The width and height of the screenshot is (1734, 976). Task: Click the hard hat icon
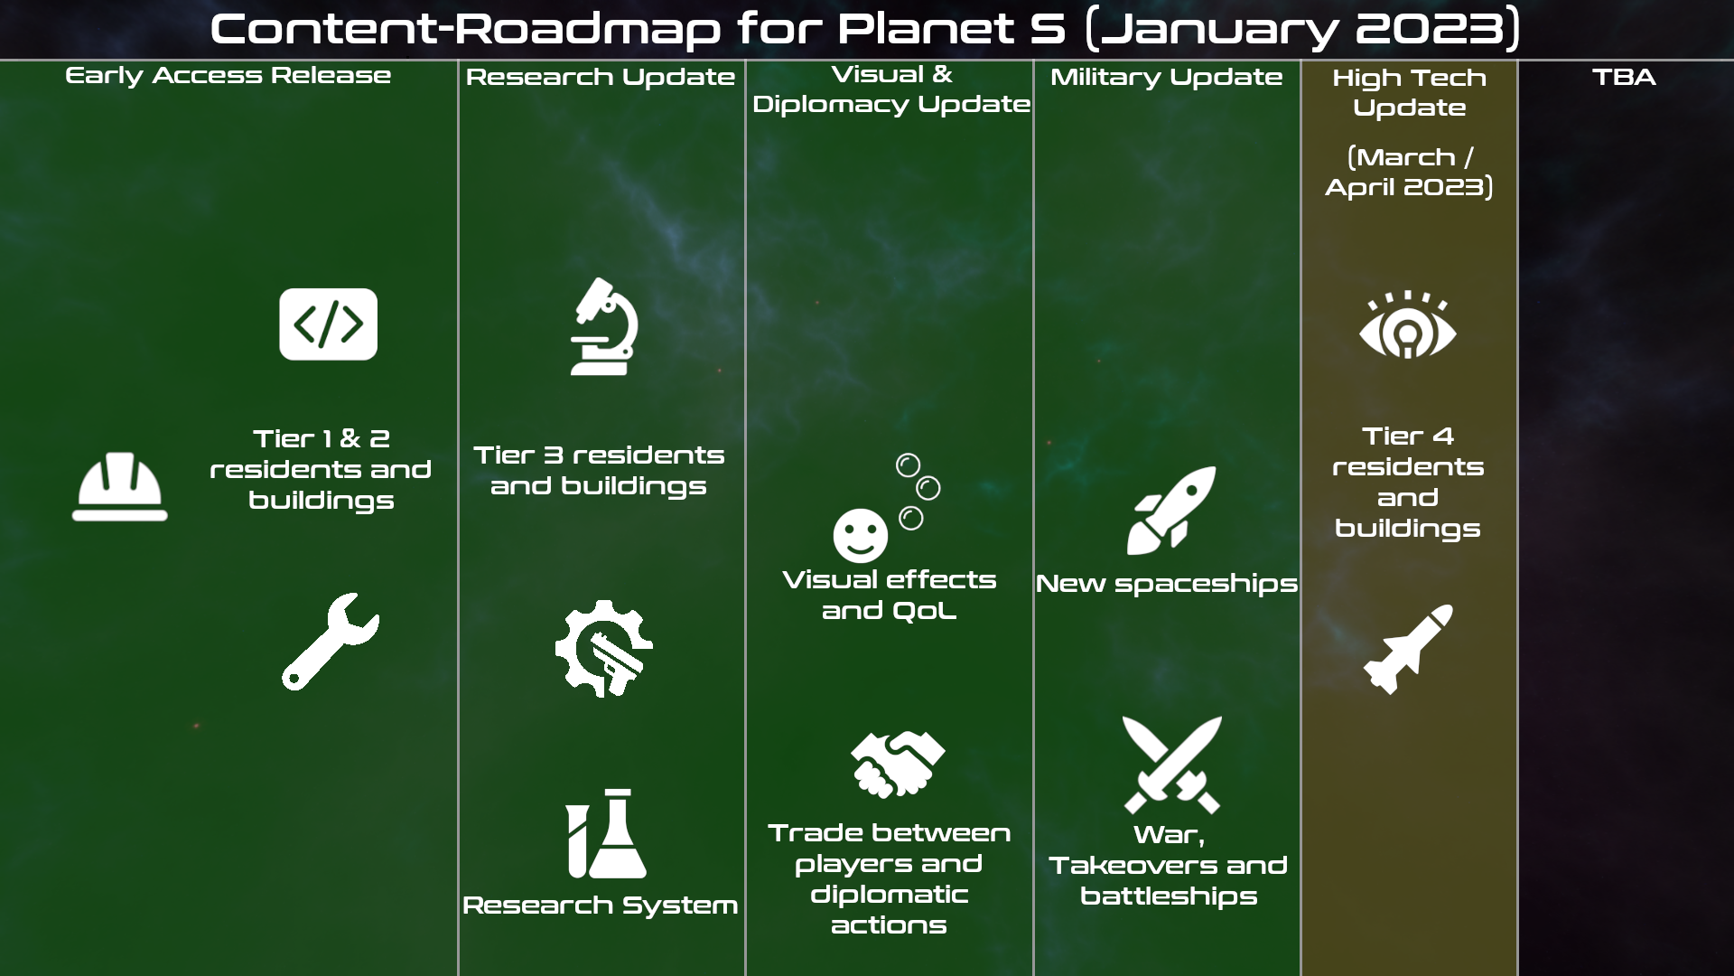click(x=120, y=488)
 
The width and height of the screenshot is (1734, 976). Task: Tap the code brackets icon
click(x=329, y=324)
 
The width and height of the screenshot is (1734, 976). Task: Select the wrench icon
click(x=331, y=642)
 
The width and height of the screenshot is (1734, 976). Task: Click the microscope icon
click(x=604, y=326)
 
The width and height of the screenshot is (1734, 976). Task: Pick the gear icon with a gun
click(x=603, y=649)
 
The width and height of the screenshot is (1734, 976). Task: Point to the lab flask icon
click(x=606, y=833)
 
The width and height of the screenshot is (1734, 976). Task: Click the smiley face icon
click(x=861, y=535)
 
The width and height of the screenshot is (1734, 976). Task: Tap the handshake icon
click(x=898, y=765)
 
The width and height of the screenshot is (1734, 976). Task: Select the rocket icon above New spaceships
click(x=1171, y=511)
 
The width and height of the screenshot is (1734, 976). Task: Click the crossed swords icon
click(x=1172, y=765)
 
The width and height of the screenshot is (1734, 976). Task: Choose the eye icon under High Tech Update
click(x=1408, y=325)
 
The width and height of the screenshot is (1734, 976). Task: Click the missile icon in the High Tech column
click(x=1408, y=649)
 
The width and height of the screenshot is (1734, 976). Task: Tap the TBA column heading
click(x=1624, y=77)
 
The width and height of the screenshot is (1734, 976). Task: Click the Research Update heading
click(x=601, y=77)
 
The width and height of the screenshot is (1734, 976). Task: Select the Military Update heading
click(x=1166, y=77)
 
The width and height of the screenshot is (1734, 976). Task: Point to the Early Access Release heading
click(x=228, y=75)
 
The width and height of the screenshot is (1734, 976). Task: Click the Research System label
click(x=601, y=905)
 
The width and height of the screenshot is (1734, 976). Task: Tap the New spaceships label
click(x=1167, y=584)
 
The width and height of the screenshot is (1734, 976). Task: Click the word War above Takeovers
click(x=1169, y=835)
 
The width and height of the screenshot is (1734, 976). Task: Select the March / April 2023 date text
click(x=1409, y=172)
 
